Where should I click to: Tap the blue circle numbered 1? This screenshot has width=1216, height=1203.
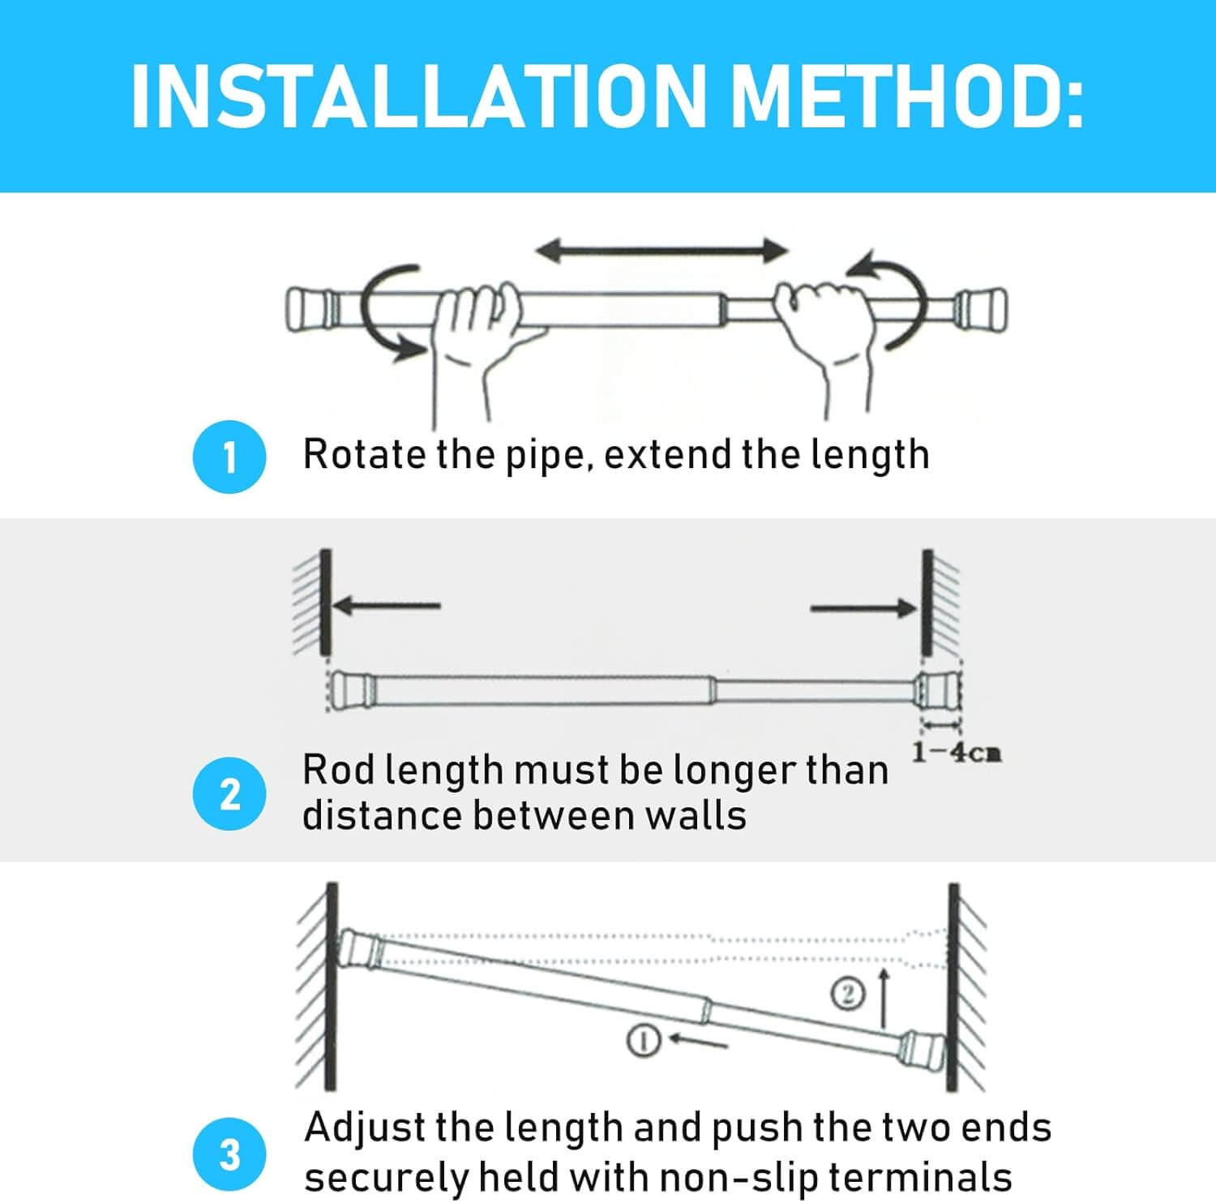coord(229,457)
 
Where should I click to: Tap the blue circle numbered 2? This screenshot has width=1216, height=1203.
coord(229,794)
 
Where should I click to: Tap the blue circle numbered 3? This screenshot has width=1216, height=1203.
coord(229,1154)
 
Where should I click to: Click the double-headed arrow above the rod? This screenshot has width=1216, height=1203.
coord(662,250)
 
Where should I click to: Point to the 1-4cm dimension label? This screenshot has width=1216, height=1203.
coord(957,753)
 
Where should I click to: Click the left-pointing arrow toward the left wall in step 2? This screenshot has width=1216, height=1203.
coord(386,605)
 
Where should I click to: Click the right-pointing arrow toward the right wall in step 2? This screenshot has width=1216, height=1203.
coord(864,608)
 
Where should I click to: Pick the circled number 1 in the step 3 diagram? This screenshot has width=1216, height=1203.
coord(642,1040)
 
